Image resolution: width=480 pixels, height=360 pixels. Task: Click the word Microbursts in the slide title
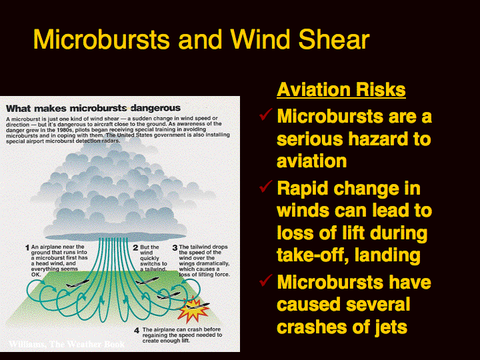[x=101, y=39]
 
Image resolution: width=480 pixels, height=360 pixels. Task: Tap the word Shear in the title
[x=334, y=39]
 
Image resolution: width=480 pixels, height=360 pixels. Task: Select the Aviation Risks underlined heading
[x=341, y=90]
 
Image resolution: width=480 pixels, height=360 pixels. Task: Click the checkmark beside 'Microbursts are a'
[x=266, y=114]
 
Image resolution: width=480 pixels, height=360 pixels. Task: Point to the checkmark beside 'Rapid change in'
[x=266, y=186]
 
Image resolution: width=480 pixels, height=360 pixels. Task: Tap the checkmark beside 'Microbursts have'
[x=266, y=280]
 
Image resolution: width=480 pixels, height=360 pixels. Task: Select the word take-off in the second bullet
[x=313, y=255]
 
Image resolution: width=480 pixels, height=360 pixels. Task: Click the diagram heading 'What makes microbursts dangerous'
[x=93, y=108]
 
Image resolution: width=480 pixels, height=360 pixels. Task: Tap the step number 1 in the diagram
[x=27, y=247]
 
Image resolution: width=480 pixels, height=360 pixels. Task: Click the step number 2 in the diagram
[x=135, y=247]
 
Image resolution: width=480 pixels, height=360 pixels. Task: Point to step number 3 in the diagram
[x=175, y=247]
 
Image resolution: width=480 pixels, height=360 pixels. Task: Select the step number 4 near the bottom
[x=137, y=330]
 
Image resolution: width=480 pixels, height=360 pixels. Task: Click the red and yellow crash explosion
[x=193, y=309]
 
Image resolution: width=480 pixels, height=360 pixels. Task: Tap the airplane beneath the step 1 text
[x=77, y=284]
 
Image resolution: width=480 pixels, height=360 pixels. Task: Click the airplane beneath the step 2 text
[x=147, y=281]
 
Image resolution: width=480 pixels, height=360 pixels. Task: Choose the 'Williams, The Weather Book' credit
[x=67, y=344]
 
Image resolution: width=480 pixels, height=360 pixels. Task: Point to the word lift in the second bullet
[x=353, y=233]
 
